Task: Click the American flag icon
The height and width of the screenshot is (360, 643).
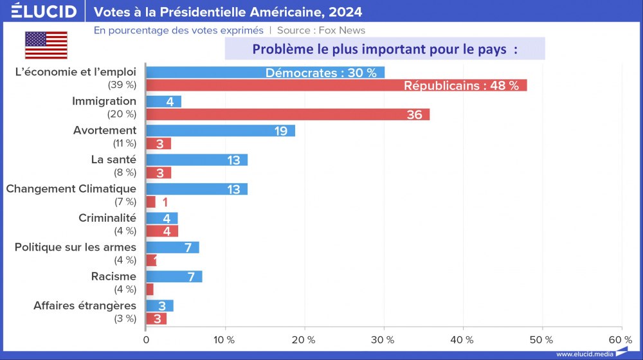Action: click(x=46, y=45)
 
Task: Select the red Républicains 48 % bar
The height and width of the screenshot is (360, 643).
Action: click(x=336, y=85)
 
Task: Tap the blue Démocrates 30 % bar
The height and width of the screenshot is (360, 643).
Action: click(x=265, y=73)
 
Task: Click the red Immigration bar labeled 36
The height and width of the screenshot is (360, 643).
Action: click(x=287, y=114)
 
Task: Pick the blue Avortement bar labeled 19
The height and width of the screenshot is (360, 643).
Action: click(x=221, y=130)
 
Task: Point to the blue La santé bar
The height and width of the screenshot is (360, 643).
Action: click(x=197, y=159)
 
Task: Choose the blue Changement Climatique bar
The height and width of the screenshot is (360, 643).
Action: click(x=197, y=189)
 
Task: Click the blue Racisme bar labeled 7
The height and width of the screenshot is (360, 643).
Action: click(x=174, y=276)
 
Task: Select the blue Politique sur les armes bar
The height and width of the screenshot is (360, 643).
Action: click(x=172, y=248)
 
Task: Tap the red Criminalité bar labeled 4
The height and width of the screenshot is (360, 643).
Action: click(x=162, y=231)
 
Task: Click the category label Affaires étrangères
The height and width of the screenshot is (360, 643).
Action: click(x=85, y=305)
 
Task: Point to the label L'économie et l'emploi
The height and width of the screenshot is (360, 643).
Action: click(x=75, y=72)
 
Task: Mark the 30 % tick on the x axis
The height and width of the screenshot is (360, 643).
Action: click(x=384, y=339)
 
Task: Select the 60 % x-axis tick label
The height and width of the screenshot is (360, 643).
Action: click(x=620, y=339)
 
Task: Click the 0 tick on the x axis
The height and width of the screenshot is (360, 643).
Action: click(x=146, y=339)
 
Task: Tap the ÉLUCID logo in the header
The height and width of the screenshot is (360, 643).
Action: click(x=44, y=12)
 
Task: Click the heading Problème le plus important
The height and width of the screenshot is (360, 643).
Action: click(x=385, y=49)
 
